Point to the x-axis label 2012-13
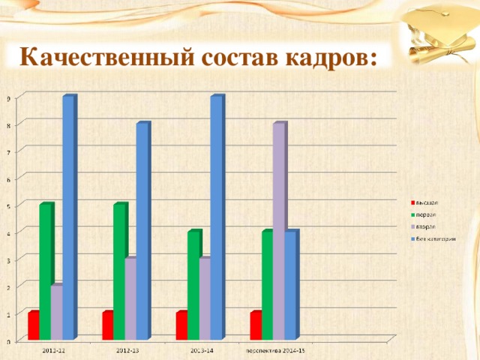click(127, 349)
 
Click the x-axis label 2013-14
click(201, 349)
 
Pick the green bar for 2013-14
click(193, 285)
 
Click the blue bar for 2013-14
click(216, 217)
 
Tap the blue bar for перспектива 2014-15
click(290, 285)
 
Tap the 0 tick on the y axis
click(8, 341)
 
